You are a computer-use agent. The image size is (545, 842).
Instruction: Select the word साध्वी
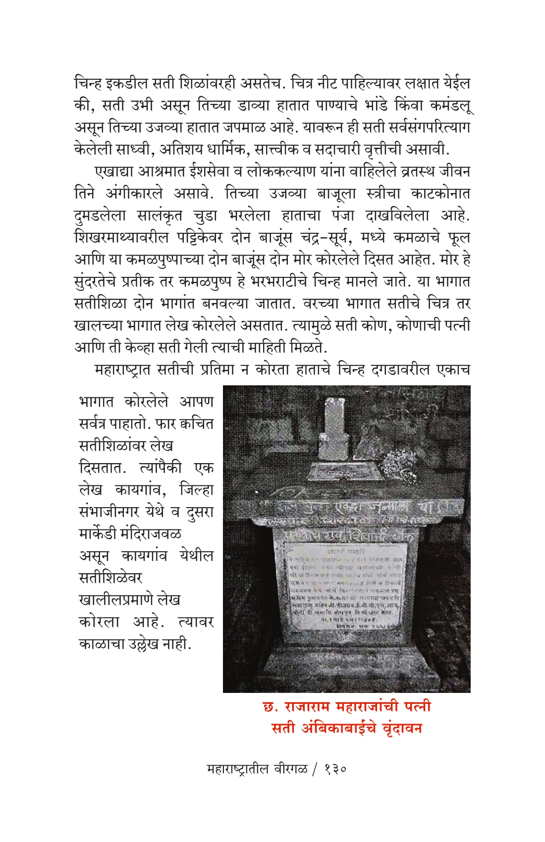173,150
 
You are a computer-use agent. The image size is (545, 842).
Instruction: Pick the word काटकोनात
435,193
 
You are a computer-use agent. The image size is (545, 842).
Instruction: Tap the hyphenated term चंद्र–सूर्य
326,237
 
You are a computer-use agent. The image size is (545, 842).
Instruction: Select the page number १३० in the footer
335,769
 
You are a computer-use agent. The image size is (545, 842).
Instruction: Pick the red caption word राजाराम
308,706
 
